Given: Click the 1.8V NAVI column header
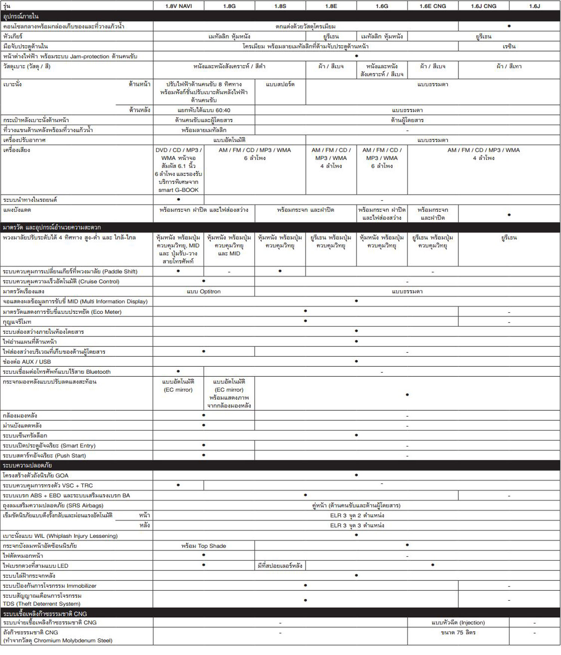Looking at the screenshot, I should tap(178, 6).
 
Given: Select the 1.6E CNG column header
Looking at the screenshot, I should tap(433, 6).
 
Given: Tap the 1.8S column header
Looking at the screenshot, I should tap(280, 6).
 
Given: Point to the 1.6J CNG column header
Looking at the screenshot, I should tap(484, 6).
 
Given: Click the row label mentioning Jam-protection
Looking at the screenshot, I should tap(70, 56).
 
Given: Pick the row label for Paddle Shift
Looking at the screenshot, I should tap(70, 271).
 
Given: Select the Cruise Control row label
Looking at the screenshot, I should tap(61, 282).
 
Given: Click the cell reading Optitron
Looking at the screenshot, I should tap(203, 292).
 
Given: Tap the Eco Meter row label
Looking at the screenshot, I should tap(62, 312).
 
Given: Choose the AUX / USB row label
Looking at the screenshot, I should tap(27, 362).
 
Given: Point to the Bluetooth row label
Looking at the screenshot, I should tap(57, 372).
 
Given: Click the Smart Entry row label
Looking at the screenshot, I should tap(49, 446).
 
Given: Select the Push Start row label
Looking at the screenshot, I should tap(45, 456).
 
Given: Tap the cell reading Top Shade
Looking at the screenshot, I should tap(203, 546).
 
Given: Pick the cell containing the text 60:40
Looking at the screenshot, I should tap(204, 110).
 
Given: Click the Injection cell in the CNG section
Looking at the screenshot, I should tap(458, 622).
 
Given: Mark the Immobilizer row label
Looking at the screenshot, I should tap(50, 586).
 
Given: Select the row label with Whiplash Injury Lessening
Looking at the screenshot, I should tap(60, 536).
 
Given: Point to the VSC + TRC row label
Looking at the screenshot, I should tap(48, 486).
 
